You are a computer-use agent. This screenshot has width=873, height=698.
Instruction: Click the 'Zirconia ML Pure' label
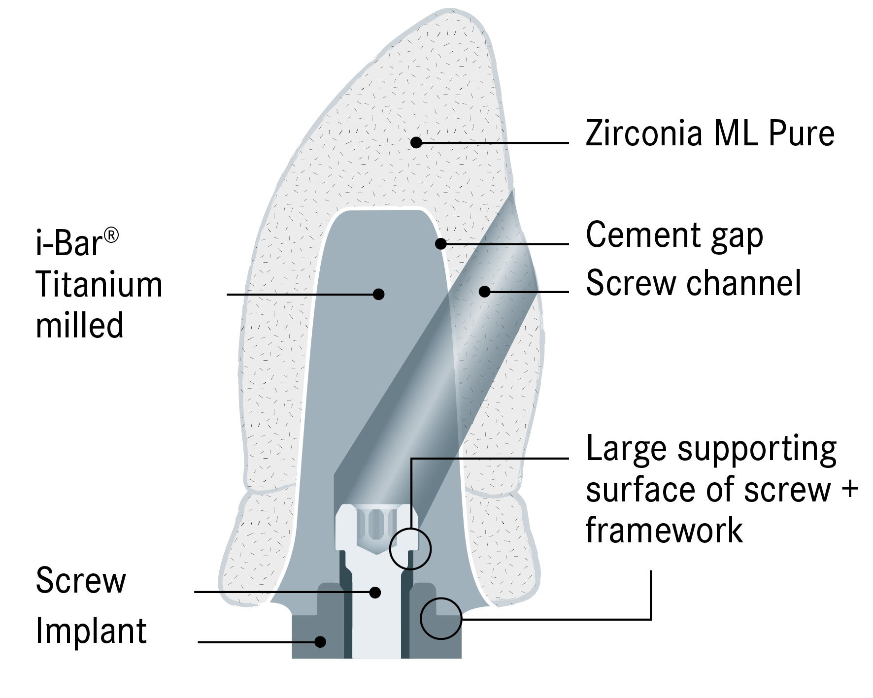pyautogui.click(x=709, y=133)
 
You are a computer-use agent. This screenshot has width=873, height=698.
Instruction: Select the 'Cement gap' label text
pyautogui.click(x=674, y=235)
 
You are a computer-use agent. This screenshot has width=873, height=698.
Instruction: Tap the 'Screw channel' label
pyautogui.click(x=693, y=284)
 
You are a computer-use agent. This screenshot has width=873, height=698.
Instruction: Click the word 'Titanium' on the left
pyautogui.click(x=99, y=285)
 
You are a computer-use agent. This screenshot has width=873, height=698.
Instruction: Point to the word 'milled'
pyautogui.click(x=79, y=326)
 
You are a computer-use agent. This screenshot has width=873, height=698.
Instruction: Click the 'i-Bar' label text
pyautogui.click(x=69, y=243)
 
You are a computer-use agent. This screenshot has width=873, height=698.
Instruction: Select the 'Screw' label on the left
pyautogui.click(x=81, y=581)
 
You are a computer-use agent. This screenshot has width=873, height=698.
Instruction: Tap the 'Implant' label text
pyautogui.click(x=91, y=631)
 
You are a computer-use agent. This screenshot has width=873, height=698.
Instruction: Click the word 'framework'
pyautogui.click(x=664, y=531)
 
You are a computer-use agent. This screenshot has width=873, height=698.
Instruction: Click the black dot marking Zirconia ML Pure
pyautogui.click(x=416, y=142)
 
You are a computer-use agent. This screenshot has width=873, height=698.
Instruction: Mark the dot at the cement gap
pyautogui.click(x=441, y=243)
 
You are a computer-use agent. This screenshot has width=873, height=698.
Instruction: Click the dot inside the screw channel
pyautogui.click(x=485, y=292)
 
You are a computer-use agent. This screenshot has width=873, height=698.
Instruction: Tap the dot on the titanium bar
pyautogui.click(x=378, y=294)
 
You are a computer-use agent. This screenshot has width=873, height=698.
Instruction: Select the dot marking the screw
pyautogui.click(x=375, y=592)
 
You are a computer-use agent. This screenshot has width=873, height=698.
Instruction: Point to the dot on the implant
pyautogui.click(x=320, y=641)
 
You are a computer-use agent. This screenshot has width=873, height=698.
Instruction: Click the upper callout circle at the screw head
pyautogui.click(x=410, y=549)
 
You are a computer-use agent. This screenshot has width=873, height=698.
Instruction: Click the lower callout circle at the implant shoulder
pyautogui.click(x=441, y=619)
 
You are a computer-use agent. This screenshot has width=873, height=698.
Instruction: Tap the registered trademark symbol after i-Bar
pyautogui.click(x=112, y=236)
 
